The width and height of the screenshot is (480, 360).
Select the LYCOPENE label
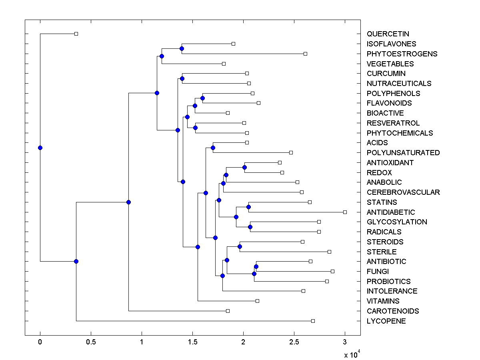pyautogui.click(x=386, y=321)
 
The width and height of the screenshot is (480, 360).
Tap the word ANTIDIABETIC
pyautogui.click(x=391, y=212)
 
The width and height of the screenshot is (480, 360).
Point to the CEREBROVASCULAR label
pyautogui.click(x=403, y=192)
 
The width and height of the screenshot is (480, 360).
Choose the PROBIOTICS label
pyautogui.click(x=388, y=282)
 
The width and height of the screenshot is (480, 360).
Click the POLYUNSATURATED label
pyautogui.click(x=403, y=153)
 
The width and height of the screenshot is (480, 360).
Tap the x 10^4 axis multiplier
pyautogui.click(x=352, y=354)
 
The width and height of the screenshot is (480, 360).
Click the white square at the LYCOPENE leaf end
pyautogui.click(x=313, y=321)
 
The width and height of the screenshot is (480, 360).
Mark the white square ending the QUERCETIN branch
pyautogui.click(x=76, y=34)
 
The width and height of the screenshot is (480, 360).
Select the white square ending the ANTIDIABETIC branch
pyautogui.click(x=345, y=212)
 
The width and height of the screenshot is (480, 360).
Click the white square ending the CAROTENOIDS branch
pyautogui.click(x=228, y=311)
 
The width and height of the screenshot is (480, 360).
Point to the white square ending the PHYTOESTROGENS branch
pyautogui.click(x=305, y=54)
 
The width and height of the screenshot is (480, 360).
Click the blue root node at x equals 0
pyautogui.click(x=40, y=148)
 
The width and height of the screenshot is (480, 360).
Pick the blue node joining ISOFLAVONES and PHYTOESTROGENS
pyautogui.click(x=182, y=48)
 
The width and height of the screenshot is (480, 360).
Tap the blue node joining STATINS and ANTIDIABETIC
pyautogui.click(x=248, y=207)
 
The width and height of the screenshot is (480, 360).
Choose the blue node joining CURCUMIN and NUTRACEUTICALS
pyautogui.click(x=182, y=78)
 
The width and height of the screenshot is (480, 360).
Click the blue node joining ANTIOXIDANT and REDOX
pyautogui.click(x=244, y=167)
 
